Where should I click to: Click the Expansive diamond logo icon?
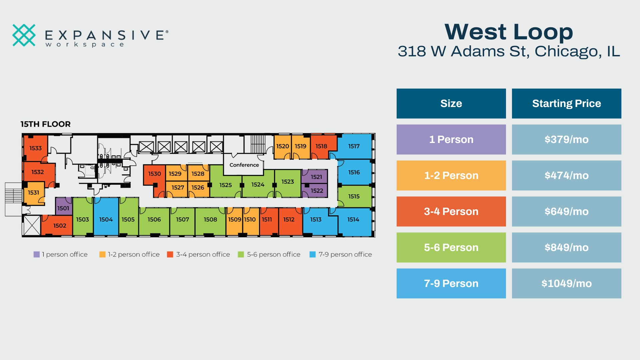point(24,35)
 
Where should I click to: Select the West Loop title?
point(509,32)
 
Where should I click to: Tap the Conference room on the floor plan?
point(244,165)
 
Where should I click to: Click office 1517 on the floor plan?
point(354,146)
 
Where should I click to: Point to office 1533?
point(35,148)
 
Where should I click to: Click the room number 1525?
point(226,185)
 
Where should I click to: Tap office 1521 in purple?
point(315,176)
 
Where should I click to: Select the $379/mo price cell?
point(566,139)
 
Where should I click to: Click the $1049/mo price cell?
point(566,283)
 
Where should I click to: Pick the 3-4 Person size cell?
point(451,211)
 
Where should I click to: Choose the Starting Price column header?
point(566,103)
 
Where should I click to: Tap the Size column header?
point(451,103)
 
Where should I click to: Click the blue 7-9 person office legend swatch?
point(312,254)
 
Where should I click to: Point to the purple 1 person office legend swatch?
point(36,254)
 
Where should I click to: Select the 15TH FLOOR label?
point(46,124)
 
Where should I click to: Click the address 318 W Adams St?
point(464,51)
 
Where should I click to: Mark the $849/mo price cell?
point(566,247)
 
